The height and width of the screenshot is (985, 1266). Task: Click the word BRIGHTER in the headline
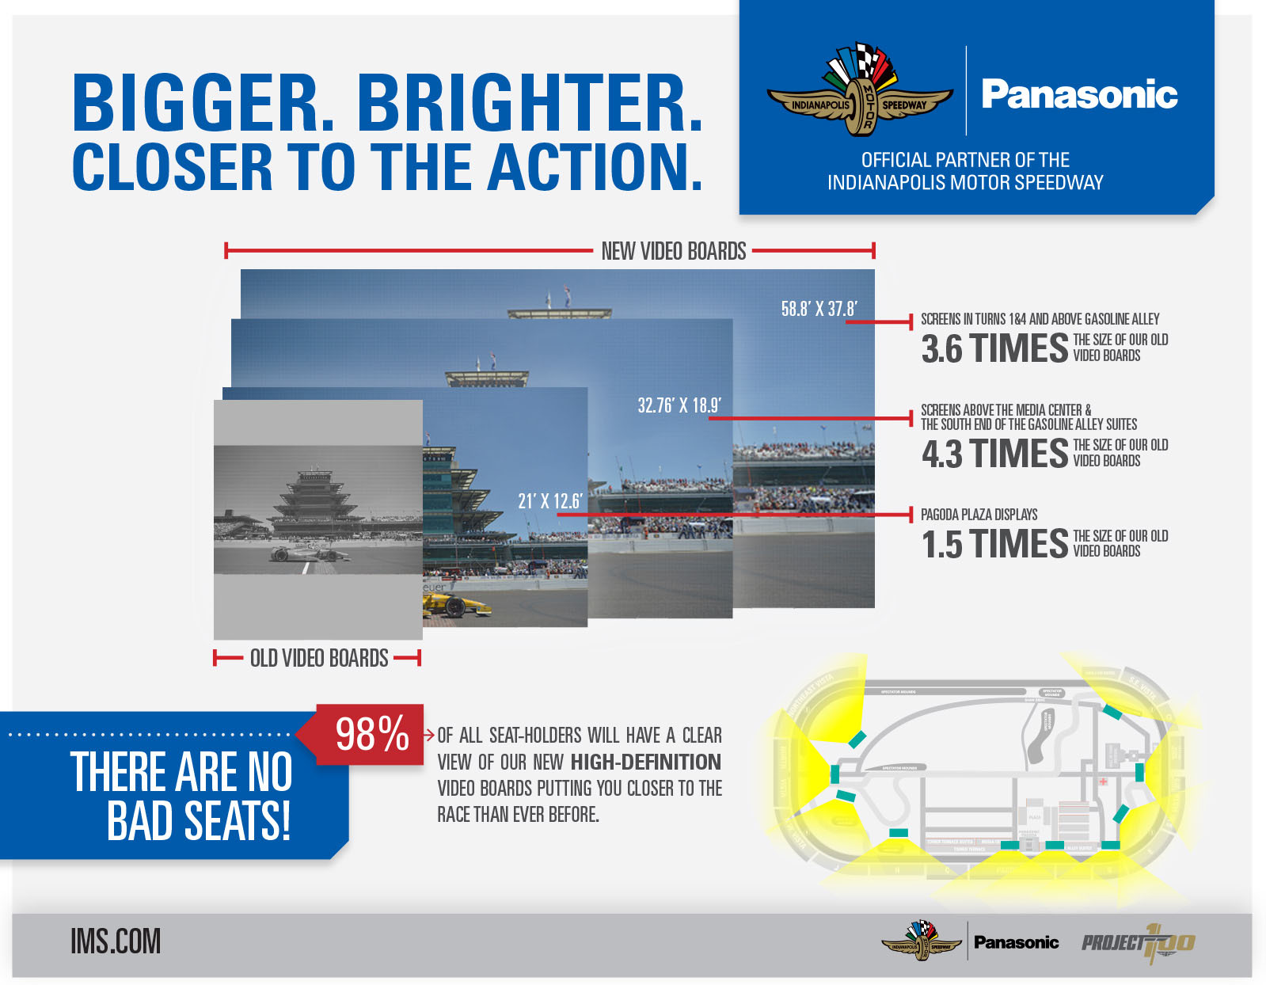529,104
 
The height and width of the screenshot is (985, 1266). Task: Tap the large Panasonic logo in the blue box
1079,94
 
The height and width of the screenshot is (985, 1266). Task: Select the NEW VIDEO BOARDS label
673,252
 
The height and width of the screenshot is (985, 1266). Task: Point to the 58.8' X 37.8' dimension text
819,309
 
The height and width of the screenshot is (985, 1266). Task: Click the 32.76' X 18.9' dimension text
679,406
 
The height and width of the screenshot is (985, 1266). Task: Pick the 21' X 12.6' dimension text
549,501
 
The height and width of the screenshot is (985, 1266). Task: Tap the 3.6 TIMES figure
994,348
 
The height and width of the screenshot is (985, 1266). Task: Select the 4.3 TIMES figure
994,454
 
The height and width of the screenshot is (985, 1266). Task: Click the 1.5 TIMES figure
994,545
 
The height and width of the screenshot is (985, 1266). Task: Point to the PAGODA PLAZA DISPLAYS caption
979,515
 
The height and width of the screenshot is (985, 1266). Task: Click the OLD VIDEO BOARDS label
318,659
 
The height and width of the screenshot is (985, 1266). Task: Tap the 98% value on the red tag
371,734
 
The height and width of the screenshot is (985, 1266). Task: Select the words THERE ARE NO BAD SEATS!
181,796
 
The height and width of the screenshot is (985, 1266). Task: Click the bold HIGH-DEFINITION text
645,762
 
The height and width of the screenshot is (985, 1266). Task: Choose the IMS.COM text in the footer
116,941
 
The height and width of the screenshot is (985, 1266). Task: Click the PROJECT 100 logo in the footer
1138,942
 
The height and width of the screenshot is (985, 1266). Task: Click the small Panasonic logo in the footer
1016,942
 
